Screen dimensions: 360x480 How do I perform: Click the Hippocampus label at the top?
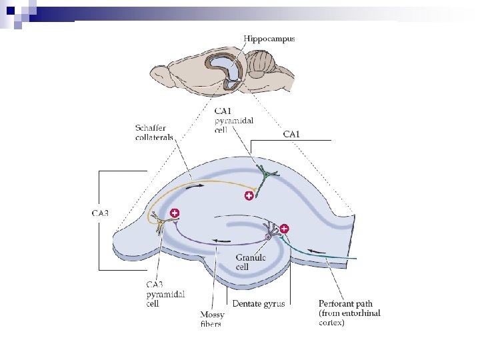click(269, 39)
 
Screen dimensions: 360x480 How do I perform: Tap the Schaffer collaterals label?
click(154, 132)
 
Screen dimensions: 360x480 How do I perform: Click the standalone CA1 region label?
click(291, 134)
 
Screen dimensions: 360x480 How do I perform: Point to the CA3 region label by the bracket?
click(100, 213)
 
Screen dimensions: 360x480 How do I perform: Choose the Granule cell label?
click(251, 262)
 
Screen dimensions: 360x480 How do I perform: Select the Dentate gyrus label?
click(259, 304)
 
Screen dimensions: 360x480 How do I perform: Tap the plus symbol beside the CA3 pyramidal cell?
click(175, 213)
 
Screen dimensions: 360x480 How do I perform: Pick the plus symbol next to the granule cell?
click(285, 229)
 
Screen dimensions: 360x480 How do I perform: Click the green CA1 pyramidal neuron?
click(267, 175)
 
